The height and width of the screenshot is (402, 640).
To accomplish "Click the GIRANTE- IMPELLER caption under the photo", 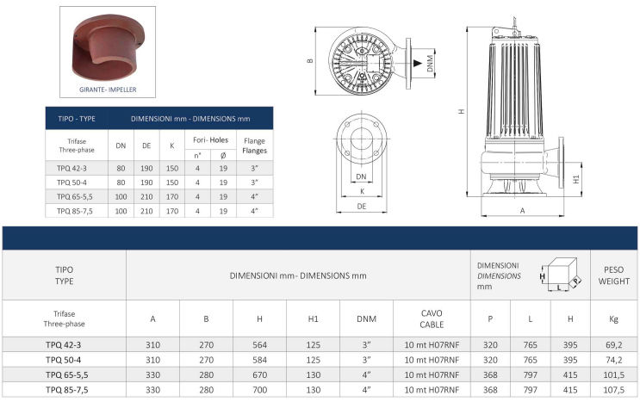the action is (x=108, y=90).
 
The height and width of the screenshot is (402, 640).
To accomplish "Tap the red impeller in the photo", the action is (x=108, y=47).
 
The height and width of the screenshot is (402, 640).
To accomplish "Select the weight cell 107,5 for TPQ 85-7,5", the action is (x=613, y=390).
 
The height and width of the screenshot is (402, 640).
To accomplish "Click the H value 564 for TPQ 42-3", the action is (x=259, y=345).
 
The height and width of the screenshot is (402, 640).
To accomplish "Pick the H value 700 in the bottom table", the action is (x=259, y=390).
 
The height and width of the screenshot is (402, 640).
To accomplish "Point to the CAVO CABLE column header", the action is (x=432, y=319).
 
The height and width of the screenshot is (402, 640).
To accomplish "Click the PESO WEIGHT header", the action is (x=613, y=275).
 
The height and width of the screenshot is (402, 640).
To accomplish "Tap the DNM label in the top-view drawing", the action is (x=430, y=63).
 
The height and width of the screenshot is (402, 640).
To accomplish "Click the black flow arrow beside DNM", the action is (x=417, y=63).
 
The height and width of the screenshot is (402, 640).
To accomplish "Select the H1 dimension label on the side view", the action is (x=576, y=179).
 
